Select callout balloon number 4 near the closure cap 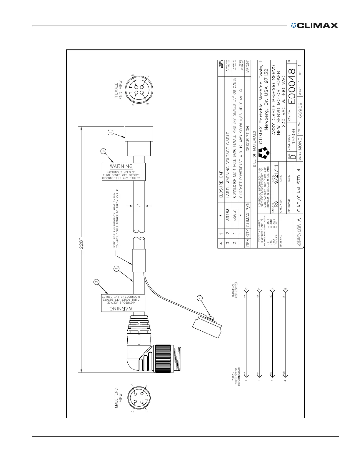(x=200, y=298)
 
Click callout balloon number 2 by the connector (x=110, y=133)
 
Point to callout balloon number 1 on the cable (x=116, y=269)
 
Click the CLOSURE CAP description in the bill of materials (x=221, y=184)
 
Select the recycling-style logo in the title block (x=264, y=152)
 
